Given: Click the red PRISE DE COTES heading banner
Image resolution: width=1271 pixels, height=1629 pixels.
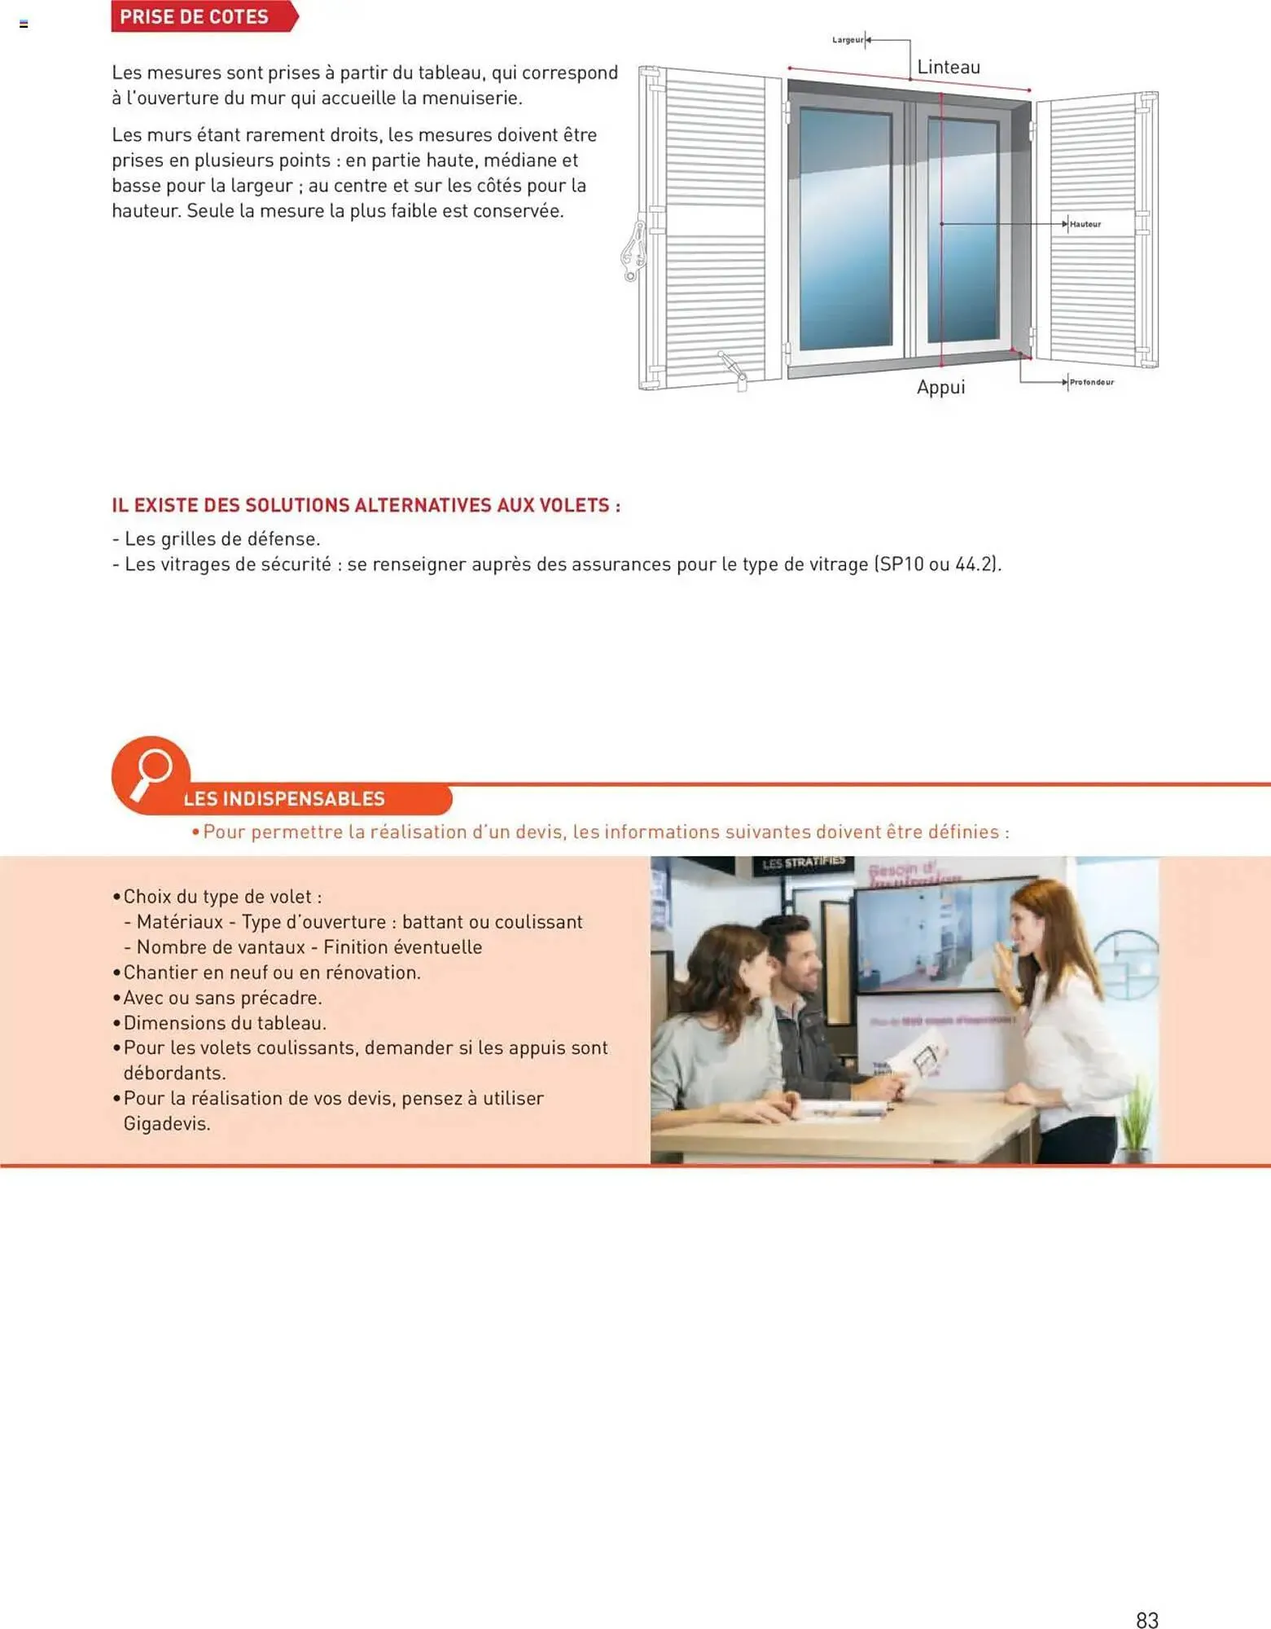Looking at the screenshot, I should click(195, 17).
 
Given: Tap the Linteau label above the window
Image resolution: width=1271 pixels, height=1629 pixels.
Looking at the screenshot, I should click(948, 68).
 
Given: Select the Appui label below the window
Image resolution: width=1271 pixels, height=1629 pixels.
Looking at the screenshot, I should click(940, 387).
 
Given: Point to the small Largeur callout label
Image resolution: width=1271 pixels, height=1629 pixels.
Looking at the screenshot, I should click(847, 40).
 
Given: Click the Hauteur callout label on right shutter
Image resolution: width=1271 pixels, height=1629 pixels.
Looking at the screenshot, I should click(1085, 224).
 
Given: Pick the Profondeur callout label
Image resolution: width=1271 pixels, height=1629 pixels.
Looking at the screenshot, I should click(1091, 382).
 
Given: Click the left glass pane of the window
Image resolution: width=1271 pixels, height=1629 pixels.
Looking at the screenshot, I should click(845, 228).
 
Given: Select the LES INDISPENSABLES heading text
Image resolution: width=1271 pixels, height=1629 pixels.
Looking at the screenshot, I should click(284, 799).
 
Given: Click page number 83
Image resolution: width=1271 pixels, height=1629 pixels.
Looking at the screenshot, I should click(1146, 1619).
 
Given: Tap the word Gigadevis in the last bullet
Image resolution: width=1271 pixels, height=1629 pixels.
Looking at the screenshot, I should click(167, 1124).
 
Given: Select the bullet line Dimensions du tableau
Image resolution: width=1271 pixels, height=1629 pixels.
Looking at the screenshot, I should click(224, 1023).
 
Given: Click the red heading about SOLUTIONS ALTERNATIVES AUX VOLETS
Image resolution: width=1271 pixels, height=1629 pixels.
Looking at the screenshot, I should click(366, 506).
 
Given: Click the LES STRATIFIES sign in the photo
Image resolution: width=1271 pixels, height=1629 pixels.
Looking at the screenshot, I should click(803, 863).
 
